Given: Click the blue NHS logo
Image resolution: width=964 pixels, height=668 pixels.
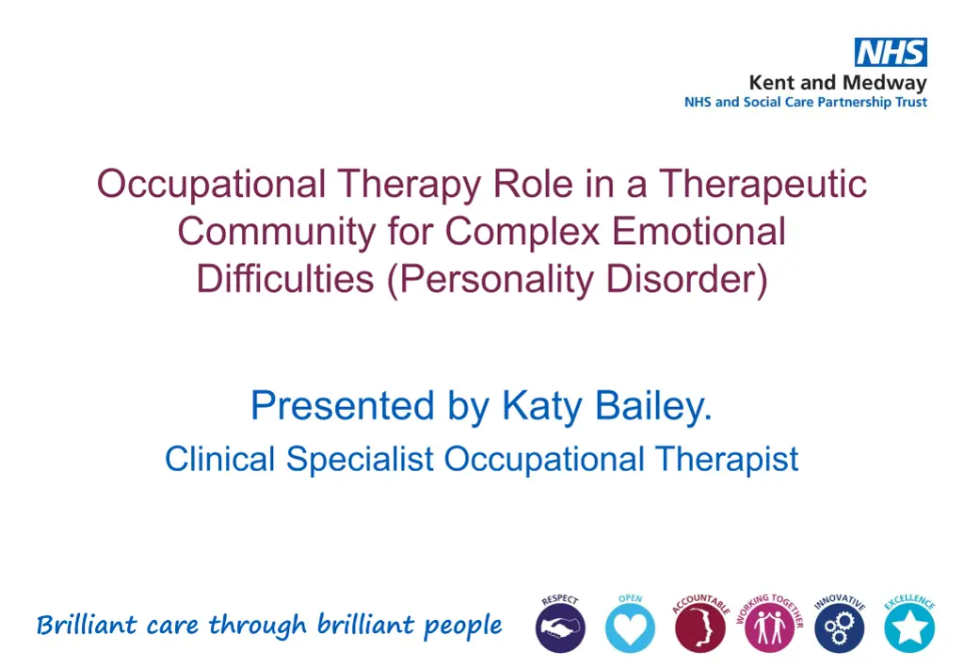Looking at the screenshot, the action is pos(891,52).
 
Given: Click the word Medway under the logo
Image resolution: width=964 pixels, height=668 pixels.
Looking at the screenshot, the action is pos(884,83).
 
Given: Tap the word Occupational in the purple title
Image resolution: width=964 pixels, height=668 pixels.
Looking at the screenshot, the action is pos(211,185).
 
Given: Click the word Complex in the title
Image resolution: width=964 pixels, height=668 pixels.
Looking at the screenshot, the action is pos(522,232).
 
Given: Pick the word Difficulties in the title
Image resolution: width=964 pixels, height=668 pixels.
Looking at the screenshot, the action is pos(285,279).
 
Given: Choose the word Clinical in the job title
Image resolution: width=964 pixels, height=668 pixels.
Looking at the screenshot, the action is pos(219,460).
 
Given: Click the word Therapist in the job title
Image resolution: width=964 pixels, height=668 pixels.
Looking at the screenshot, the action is pos(727,460).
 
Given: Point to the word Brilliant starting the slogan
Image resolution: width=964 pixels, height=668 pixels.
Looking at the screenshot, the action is pos(87,625).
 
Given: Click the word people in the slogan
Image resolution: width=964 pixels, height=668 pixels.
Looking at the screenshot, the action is pos(463,627).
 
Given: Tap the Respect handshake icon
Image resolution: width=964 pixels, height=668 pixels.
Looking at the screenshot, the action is pos(560,627).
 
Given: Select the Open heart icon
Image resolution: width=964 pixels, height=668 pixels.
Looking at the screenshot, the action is pos(630,627).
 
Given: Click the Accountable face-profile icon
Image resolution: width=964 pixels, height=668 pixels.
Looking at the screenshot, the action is pos(699,627).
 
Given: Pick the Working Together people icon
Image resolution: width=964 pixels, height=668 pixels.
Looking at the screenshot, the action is pos(770,627).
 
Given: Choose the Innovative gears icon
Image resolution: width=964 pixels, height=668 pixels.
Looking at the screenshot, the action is pos(839,627).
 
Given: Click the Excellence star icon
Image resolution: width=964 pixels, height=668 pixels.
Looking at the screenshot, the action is pos(909,627).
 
